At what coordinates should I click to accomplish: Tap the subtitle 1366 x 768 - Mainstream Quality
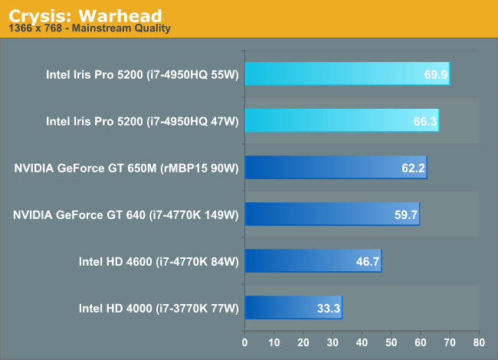pos(90,28)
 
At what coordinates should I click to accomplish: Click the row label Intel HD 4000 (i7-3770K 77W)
pos(159,308)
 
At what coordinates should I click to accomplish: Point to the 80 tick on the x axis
pos(478,342)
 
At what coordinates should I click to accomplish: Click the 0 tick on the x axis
pos(245,342)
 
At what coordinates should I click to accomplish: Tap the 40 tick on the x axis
pos(362,342)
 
